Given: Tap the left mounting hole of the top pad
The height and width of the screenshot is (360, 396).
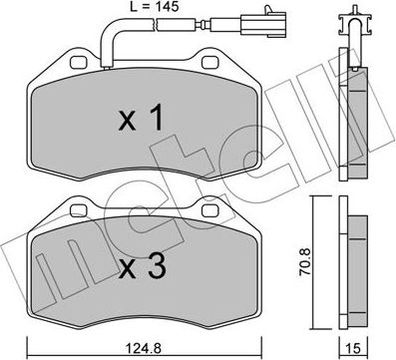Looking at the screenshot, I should coord(77,63).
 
